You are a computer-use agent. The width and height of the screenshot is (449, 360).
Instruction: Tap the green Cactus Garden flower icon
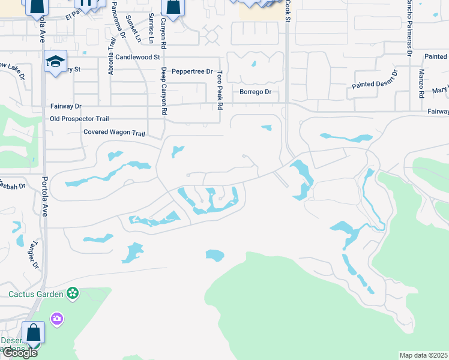73,293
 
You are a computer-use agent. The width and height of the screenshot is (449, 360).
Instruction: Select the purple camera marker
57,317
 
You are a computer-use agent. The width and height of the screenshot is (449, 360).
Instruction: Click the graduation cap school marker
55,62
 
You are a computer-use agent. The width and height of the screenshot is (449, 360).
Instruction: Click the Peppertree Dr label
192,71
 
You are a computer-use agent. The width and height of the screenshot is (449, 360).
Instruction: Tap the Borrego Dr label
256,92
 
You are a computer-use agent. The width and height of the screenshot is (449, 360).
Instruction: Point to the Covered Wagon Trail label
114,132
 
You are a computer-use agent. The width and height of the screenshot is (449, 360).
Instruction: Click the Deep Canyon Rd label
163,91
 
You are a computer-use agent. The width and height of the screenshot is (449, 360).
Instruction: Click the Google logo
19,353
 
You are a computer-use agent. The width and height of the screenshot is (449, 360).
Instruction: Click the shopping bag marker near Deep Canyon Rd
173,8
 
